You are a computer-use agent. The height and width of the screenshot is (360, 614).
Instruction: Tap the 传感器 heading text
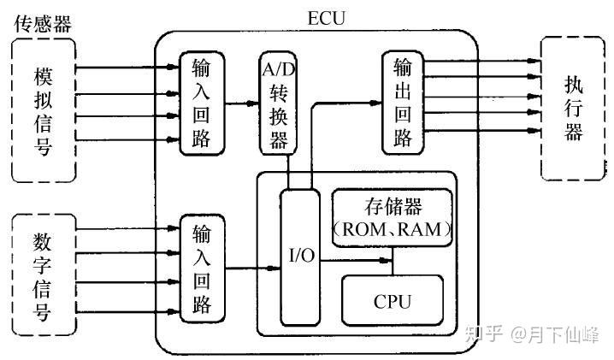[43, 23]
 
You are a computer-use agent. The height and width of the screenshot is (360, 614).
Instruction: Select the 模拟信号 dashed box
[43, 110]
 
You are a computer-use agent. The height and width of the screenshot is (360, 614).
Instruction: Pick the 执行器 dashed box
[573, 109]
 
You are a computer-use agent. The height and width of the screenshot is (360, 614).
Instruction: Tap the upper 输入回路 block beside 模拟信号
[201, 103]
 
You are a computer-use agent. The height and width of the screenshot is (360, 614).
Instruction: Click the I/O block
[299, 256]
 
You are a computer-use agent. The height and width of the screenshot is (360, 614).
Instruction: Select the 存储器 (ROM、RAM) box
[391, 219]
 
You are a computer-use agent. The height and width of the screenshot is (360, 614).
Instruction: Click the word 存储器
[391, 208]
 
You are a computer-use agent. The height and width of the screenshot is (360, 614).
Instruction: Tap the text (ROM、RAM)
[391, 230]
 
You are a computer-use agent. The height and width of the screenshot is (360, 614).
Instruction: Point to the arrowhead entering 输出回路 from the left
[376, 102]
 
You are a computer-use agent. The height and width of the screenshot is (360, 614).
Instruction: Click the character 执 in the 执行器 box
[573, 85]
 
